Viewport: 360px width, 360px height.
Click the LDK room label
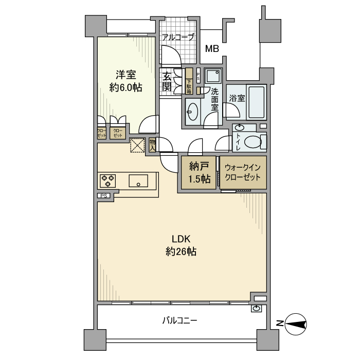(x=182, y=239)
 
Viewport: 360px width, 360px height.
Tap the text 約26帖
(x=182, y=252)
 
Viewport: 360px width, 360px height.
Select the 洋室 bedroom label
(x=125, y=75)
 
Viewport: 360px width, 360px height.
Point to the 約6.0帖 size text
(x=125, y=87)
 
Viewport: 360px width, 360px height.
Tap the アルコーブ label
(x=178, y=37)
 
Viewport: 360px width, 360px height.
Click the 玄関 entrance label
(x=167, y=81)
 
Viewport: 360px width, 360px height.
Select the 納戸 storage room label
(x=199, y=166)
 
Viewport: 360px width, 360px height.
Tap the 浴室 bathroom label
(x=237, y=98)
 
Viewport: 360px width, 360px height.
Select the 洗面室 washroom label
(x=215, y=100)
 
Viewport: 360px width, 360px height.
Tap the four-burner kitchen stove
(x=108, y=181)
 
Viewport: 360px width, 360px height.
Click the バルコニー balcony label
(x=179, y=320)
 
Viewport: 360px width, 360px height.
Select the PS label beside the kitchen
(x=103, y=195)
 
